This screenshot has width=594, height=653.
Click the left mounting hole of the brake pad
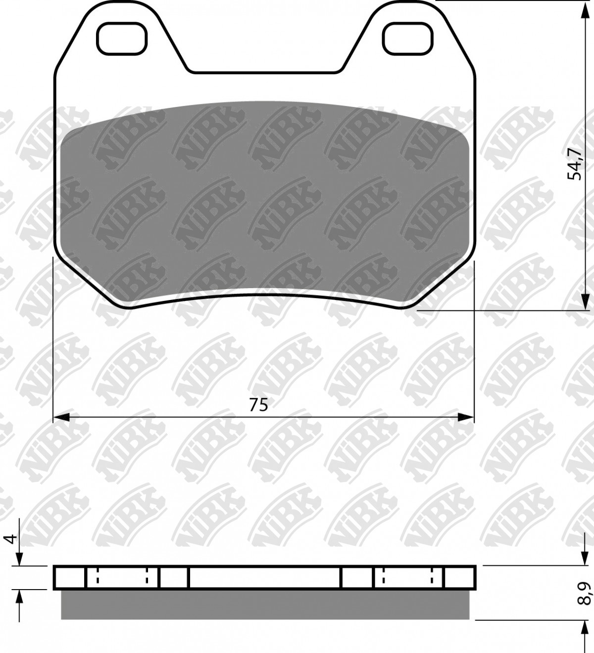point(122,39)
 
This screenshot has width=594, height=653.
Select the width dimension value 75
point(258,404)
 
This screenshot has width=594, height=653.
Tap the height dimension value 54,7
point(575,163)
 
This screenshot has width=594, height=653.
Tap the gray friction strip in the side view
point(265,604)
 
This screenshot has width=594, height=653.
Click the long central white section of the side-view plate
point(265,577)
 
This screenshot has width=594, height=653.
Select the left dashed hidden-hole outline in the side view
point(122,577)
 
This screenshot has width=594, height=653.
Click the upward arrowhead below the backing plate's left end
point(19,597)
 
